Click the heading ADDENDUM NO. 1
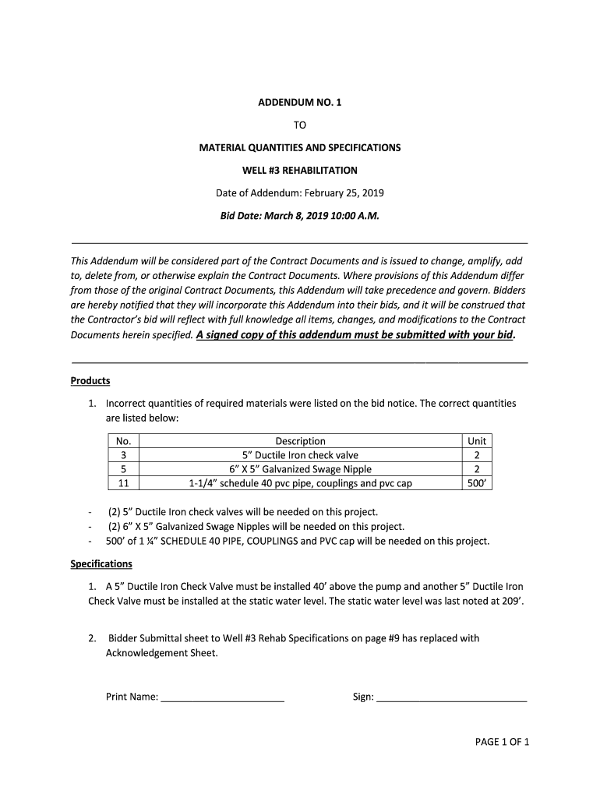point(300,102)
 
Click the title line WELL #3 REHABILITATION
point(300,170)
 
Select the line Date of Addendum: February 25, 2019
point(300,192)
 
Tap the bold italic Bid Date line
point(300,215)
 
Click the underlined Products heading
point(90,381)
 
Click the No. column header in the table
point(123,441)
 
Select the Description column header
point(300,441)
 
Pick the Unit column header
point(476,441)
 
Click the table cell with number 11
point(123,483)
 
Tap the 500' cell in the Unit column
point(476,483)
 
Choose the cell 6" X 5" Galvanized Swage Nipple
point(300,469)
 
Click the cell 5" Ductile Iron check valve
point(300,455)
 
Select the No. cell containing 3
point(123,455)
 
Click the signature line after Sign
point(451,698)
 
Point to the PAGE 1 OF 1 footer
point(502,742)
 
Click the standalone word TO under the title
point(300,125)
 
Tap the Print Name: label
point(132,697)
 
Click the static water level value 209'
point(510,601)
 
